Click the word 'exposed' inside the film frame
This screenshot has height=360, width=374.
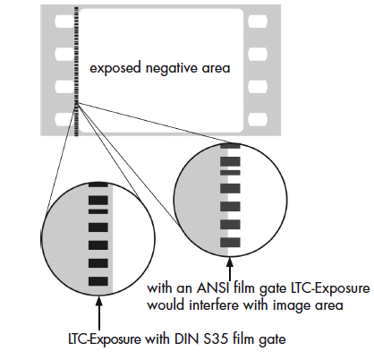[x=115, y=68]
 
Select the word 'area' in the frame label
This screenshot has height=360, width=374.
[x=217, y=69]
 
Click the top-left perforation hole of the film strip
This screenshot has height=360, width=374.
[x=64, y=21]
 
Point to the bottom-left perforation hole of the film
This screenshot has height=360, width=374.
[x=64, y=119]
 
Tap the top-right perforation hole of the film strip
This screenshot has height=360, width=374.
[x=258, y=21]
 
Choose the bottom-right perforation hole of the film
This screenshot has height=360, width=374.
[x=258, y=119]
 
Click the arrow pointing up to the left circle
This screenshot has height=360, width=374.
[x=99, y=313]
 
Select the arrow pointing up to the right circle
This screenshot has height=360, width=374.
[x=230, y=270]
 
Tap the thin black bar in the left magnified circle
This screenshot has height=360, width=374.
[x=98, y=211]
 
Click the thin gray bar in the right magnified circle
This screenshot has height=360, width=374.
[x=230, y=173]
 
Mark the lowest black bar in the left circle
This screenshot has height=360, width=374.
[x=98, y=281]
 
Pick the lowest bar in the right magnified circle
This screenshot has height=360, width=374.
[x=230, y=243]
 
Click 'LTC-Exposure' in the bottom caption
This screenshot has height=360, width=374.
[x=105, y=339]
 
